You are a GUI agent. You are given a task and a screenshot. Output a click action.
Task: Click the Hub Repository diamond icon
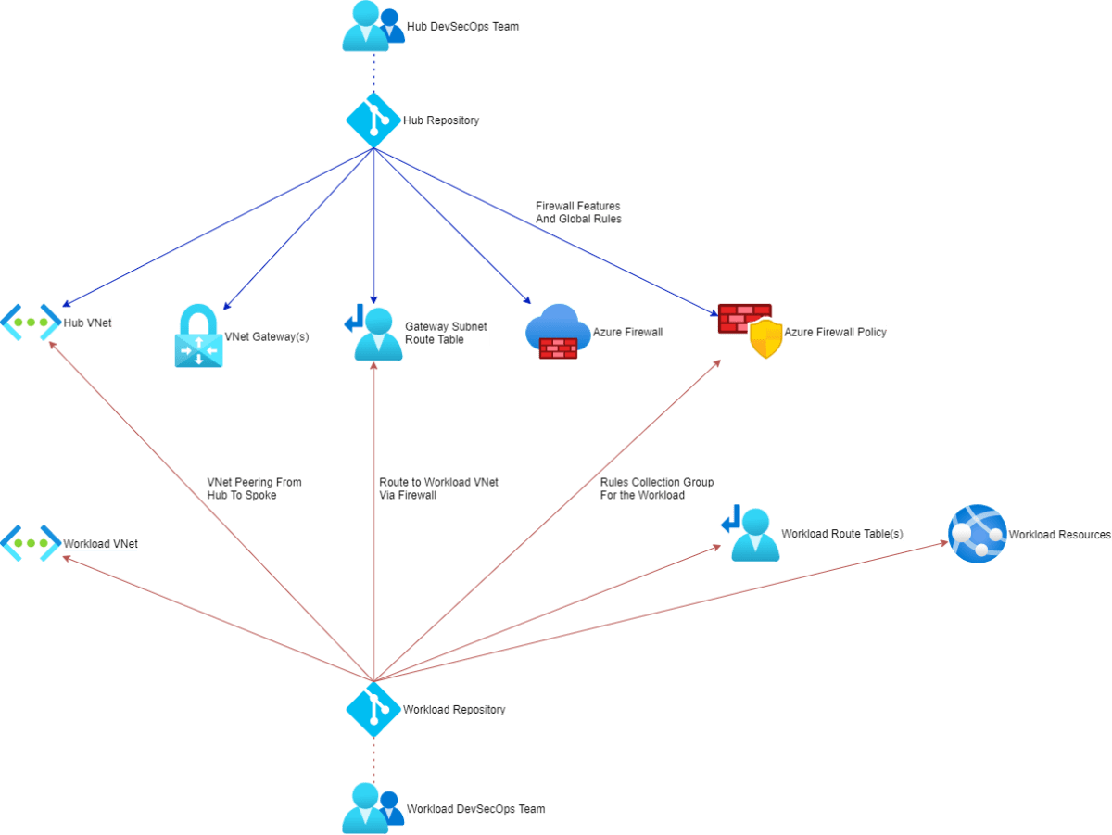(x=373, y=120)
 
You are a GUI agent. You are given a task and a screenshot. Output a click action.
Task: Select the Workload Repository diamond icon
(x=373, y=709)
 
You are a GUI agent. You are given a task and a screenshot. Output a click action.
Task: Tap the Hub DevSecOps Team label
(x=462, y=27)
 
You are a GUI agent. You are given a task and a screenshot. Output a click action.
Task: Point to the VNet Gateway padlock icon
(x=198, y=336)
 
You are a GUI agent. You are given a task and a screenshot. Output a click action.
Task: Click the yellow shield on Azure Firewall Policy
(x=765, y=340)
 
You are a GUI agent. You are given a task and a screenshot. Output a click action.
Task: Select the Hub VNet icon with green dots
(x=30, y=322)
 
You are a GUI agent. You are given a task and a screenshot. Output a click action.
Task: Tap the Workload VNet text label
(x=99, y=544)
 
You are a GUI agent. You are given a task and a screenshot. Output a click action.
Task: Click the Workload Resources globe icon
(x=977, y=533)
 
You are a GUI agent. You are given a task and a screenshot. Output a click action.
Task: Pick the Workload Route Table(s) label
(x=841, y=534)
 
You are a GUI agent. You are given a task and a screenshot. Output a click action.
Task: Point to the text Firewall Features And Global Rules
(x=577, y=212)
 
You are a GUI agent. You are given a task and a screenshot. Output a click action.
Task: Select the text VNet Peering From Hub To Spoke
(x=254, y=488)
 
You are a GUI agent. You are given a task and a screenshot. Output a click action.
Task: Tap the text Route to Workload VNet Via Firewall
(x=438, y=488)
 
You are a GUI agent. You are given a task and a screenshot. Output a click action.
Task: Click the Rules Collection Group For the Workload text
(x=656, y=488)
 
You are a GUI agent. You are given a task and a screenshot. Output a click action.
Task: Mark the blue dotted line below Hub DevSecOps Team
(x=373, y=70)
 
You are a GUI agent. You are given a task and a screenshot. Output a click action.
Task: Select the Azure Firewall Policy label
(x=835, y=332)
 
